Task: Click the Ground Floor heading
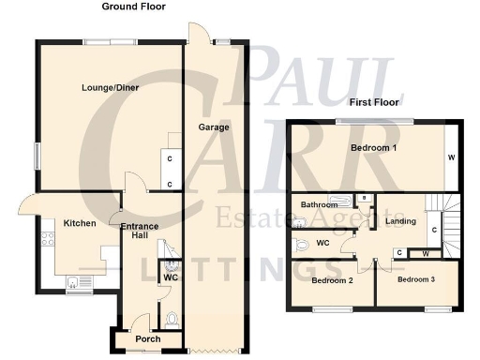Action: [x=133, y=6]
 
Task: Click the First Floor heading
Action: [x=374, y=101]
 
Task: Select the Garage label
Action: [x=213, y=127]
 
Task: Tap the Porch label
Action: [x=148, y=338]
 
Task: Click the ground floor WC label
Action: [x=170, y=277]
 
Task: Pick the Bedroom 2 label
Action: [x=331, y=280]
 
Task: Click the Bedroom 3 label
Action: [x=416, y=279]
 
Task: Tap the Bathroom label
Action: [x=318, y=203]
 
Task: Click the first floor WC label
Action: [x=322, y=243]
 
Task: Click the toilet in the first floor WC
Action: [x=301, y=244]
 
